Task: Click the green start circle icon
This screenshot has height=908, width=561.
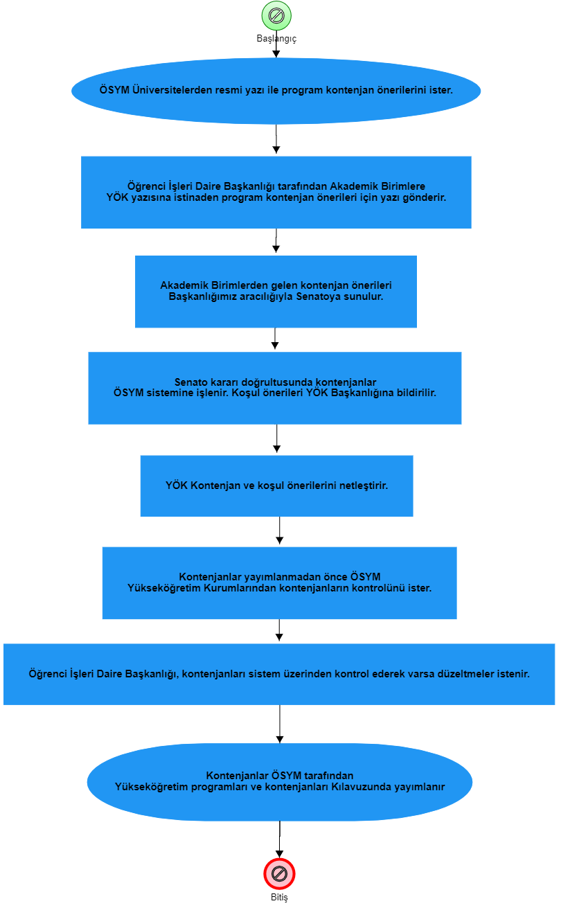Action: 276,16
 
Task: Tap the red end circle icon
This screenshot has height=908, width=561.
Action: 279,873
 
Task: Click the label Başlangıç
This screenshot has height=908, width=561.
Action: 276,39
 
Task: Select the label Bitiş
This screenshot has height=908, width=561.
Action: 279,898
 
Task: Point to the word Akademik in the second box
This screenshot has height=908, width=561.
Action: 353,186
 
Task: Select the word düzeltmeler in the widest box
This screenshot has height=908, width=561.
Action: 465,674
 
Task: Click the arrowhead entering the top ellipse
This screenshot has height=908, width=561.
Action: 276,54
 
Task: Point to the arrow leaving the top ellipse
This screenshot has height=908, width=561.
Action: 276,139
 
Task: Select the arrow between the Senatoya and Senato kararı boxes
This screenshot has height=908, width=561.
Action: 275,339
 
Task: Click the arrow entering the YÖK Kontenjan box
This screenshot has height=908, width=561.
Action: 277,438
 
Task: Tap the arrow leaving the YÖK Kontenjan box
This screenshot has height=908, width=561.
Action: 279,531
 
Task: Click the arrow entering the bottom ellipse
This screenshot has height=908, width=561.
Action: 280,724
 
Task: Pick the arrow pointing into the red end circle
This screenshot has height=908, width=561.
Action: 279,839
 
